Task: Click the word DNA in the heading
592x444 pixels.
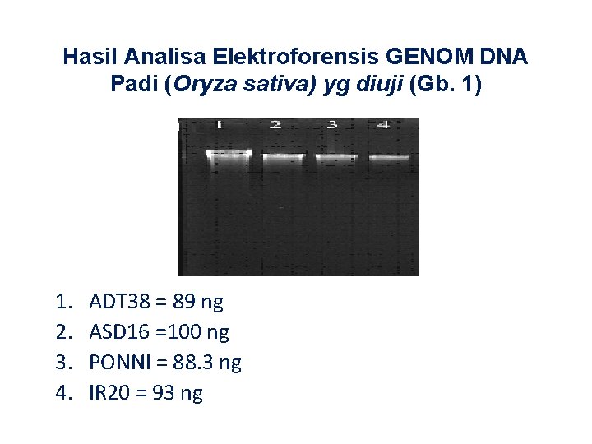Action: click(503, 58)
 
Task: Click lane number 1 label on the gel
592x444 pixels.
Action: click(220, 124)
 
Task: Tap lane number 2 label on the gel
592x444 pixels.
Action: click(275, 125)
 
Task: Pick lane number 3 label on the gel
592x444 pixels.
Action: click(332, 125)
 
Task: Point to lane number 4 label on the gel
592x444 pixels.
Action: click(382, 125)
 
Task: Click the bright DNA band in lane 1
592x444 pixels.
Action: click(229, 154)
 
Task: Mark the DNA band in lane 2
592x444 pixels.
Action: click(284, 155)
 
